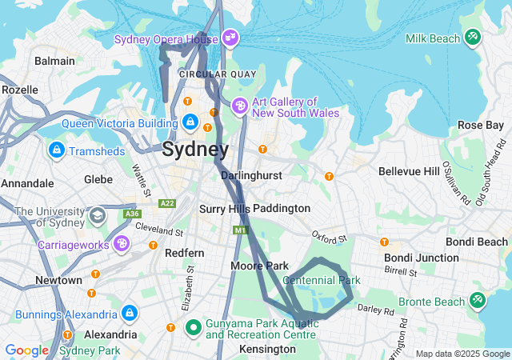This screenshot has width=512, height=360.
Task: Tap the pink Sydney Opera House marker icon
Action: [x=230, y=38]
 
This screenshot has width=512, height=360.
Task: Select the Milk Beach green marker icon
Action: [x=474, y=38]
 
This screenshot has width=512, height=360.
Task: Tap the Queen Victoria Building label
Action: [x=119, y=123]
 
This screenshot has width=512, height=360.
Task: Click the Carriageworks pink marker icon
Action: [x=122, y=242]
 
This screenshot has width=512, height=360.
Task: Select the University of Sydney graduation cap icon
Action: [x=97, y=215]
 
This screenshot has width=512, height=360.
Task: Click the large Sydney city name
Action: [x=194, y=149]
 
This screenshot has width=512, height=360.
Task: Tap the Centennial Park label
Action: [x=322, y=280]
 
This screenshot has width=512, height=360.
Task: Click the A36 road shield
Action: [x=131, y=214]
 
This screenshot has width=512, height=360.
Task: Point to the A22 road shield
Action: [x=167, y=203]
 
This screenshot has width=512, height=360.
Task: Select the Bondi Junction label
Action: [x=421, y=258]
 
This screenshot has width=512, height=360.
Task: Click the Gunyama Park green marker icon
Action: [x=193, y=327]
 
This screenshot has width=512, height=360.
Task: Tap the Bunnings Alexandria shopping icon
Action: [x=129, y=313]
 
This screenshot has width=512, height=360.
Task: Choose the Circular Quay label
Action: [x=217, y=74]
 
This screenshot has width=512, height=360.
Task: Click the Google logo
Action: [x=26, y=350]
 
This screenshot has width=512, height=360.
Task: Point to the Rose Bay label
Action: [x=480, y=125]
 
